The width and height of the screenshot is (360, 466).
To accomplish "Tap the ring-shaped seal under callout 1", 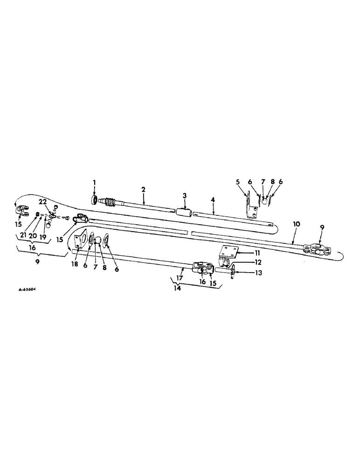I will [x=95, y=200].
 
